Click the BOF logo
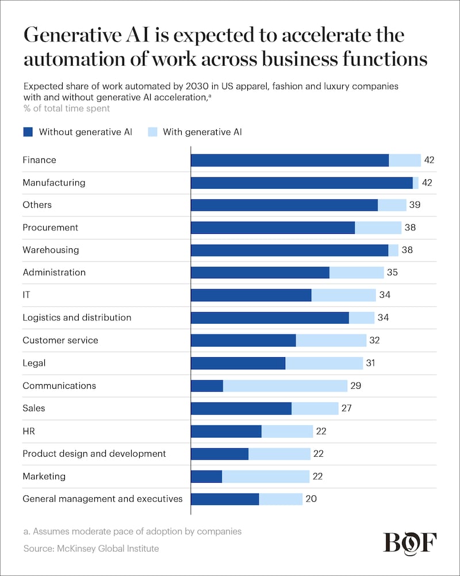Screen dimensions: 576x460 tap(410, 543)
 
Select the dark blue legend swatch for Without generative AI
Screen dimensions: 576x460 tap(28, 132)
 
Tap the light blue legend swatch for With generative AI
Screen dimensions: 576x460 tap(152, 132)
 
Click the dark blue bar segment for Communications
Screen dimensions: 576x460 tap(206, 386)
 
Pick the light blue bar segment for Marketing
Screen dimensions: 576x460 tap(266, 476)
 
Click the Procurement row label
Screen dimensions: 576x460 tap(50, 228)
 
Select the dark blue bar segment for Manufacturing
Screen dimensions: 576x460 tap(301, 183)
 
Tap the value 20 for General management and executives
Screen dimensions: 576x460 tap(311, 499)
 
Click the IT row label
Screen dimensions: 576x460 tap(26, 295)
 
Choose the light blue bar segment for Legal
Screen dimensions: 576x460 tap(324, 363)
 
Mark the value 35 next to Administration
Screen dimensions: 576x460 tap(392, 272)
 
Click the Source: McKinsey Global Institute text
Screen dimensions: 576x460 tap(91, 549)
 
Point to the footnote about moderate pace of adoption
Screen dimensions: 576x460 tap(132, 531)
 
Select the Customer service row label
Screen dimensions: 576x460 tap(60, 340)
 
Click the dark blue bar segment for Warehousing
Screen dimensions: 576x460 tap(289, 250)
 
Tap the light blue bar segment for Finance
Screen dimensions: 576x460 tap(405, 160)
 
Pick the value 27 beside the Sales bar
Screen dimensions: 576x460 tap(346, 408)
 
